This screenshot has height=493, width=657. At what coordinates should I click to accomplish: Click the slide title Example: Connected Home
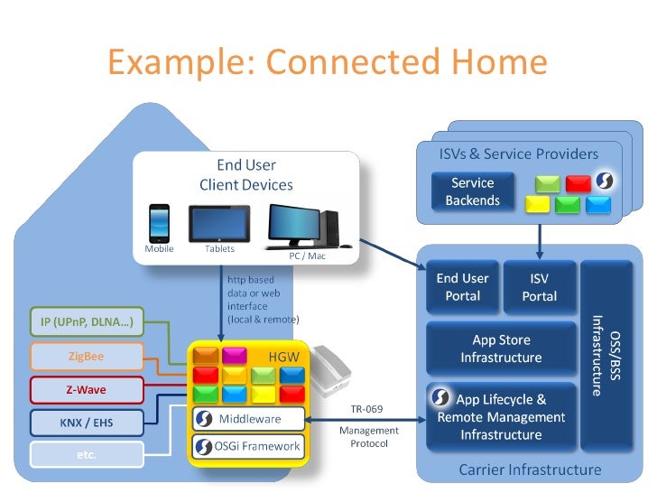(328, 62)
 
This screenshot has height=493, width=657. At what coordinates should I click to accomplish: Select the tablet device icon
(218, 224)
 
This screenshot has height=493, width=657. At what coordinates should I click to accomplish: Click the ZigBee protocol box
(87, 356)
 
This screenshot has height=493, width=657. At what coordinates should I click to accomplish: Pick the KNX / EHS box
(87, 422)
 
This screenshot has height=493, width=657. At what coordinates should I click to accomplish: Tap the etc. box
(87, 454)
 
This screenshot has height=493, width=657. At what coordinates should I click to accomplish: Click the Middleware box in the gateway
(249, 419)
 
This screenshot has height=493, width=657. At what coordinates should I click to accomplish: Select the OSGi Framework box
(249, 446)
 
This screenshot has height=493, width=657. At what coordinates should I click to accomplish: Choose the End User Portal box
(462, 287)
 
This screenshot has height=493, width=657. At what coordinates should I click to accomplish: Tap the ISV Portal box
(539, 287)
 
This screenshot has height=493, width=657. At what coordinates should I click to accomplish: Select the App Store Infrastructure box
(501, 349)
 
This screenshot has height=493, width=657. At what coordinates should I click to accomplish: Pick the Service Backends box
(472, 191)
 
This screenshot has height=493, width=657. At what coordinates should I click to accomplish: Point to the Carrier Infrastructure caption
(530, 470)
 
